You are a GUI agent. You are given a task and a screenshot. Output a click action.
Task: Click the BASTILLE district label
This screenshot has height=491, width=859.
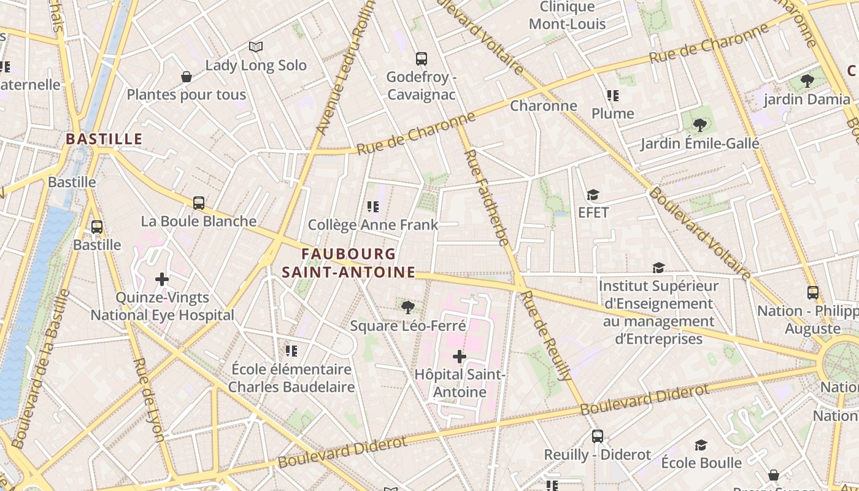[104, 139]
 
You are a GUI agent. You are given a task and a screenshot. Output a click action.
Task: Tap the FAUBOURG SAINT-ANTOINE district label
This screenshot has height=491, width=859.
[349, 263]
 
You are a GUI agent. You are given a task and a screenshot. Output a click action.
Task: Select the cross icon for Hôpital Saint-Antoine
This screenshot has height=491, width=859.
[459, 356]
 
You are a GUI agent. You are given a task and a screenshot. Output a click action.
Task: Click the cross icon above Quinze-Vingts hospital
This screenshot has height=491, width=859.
[162, 279]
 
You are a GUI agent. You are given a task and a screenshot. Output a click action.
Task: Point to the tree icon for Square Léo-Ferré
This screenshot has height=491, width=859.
[407, 307]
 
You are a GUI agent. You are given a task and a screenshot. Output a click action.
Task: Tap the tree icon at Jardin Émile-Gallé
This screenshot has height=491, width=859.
[699, 125]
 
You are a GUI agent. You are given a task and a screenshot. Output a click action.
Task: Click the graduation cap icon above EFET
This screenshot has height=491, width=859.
[593, 195]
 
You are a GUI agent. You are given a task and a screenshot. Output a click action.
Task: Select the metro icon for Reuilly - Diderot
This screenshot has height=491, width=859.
[598, 436]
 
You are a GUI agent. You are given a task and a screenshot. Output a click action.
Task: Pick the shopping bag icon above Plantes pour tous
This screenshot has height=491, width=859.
[187, 77]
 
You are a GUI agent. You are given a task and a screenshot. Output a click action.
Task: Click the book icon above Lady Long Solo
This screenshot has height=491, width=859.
[256, 47]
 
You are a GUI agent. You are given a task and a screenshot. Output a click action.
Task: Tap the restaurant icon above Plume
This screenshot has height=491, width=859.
[612, 96]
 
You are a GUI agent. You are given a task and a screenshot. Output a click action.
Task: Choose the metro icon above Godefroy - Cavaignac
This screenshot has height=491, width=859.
[421, 59]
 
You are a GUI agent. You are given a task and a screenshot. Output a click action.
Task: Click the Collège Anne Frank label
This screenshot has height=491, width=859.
[373, 225]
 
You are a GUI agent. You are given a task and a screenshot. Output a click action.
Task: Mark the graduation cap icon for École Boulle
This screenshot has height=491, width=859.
[701, 445]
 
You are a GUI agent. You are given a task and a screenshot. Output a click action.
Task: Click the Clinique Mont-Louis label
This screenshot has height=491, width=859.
[568, 15]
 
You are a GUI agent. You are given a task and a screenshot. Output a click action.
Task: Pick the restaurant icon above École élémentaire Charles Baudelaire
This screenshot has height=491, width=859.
[291, 350]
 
